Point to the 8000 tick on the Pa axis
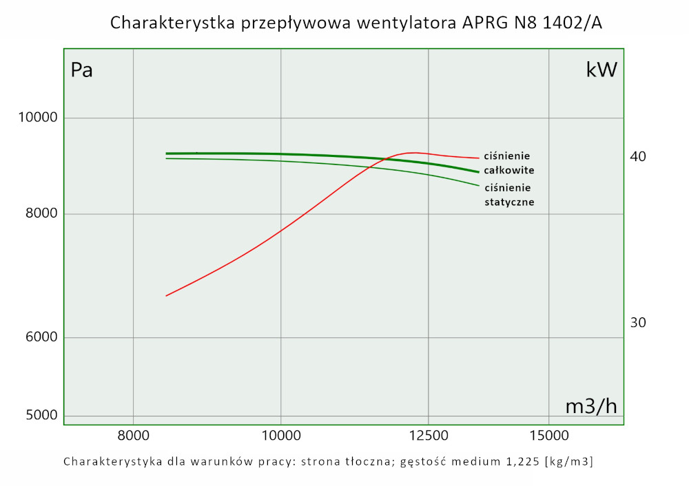(42, 214)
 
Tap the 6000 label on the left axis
(42, 337)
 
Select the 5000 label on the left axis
(42, 416)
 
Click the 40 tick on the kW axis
(637, 157)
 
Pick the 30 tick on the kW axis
(637, 322)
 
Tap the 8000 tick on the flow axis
(133, 435)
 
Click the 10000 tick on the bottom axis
(281, 435)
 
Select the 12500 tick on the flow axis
(429, 435)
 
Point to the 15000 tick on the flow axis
(548, 435)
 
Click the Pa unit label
(82, 70)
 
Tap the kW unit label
(601, 70)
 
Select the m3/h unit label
(591, 406)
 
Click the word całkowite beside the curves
(509, 170)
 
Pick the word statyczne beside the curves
(509, 202)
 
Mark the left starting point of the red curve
(167, 295)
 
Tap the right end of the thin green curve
(478, 185)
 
